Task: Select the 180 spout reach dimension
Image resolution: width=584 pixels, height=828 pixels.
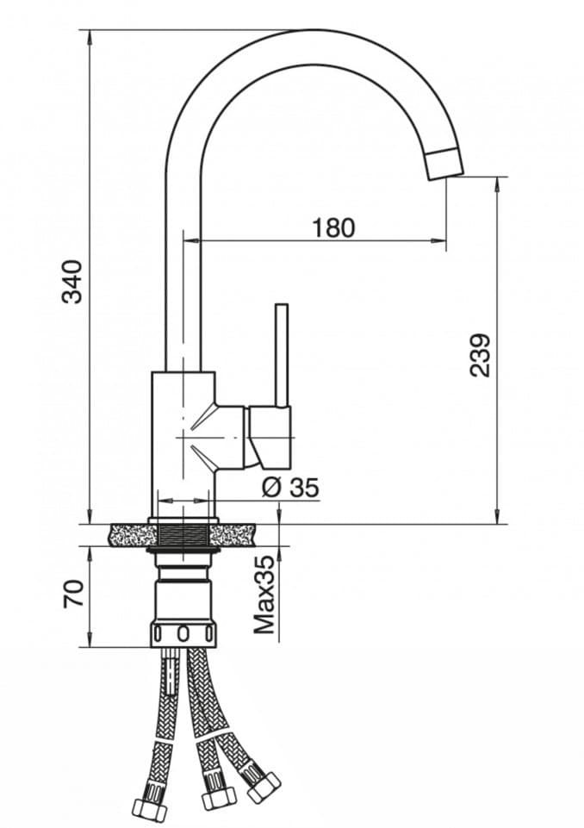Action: (332, 227)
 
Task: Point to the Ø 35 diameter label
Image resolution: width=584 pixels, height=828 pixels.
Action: (289, 487)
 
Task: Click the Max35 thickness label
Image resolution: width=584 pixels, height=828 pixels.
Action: (265, 595)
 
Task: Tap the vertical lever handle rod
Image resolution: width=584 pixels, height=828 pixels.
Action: (281, 353)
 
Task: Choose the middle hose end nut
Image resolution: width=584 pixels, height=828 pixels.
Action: (217, 797)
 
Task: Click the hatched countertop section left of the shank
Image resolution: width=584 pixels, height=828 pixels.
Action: (129, 534)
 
